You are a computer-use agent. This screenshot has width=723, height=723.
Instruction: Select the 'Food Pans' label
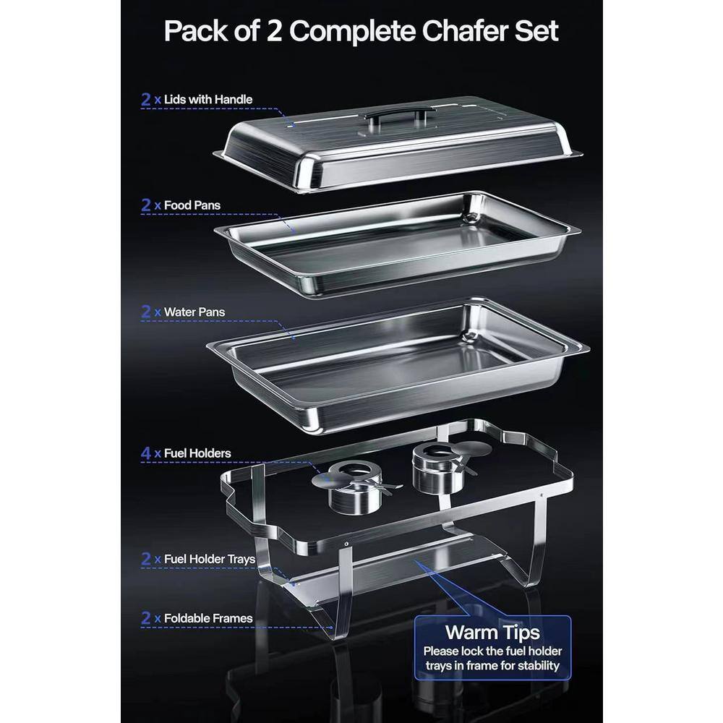(192, 205)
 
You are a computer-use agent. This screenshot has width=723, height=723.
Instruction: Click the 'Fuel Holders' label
(197, 453)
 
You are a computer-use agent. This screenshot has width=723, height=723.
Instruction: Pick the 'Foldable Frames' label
(208, 618)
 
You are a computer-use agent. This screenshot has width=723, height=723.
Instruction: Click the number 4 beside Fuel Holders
(146, 453)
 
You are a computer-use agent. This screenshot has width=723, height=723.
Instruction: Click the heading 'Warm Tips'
(492, 633)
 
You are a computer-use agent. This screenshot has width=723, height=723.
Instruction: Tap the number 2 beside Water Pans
(146, 312)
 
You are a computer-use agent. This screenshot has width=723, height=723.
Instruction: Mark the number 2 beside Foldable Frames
(146, 618)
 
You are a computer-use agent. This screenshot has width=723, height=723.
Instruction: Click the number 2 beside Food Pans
(146, 205)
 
